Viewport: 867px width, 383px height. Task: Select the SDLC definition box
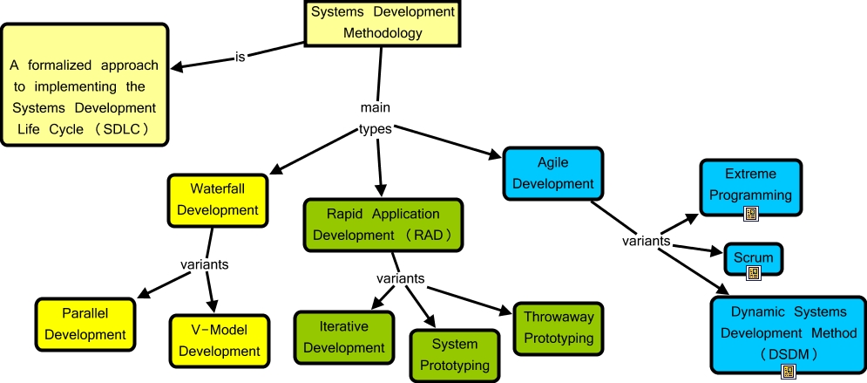pos(85,85)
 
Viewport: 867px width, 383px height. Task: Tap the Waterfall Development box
pos(213,199)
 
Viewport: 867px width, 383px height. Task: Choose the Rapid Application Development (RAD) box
pos(383,224)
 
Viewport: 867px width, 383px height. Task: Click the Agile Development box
pos(552,173)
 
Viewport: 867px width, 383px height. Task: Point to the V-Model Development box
pos(213,340)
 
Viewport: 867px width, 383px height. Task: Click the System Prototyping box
pos(455,354)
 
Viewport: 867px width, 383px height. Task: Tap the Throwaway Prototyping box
pos(559,328)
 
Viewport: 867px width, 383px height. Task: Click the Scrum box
pos(754,258)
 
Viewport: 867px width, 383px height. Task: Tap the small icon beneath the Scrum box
pos(754,272)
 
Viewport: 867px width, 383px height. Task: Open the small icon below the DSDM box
pos(788,372)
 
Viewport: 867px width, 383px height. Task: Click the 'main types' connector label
pos(376,119)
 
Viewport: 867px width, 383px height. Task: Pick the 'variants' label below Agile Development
pos(646,240)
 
